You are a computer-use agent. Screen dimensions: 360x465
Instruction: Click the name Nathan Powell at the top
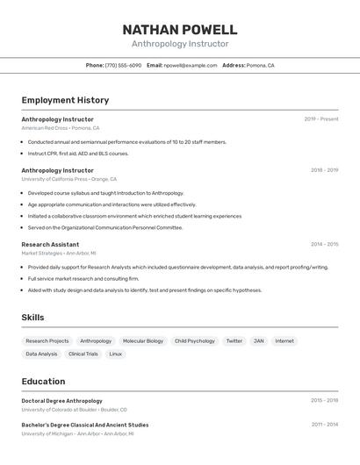(180, 30)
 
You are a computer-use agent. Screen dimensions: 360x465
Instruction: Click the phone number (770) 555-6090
(123, 66)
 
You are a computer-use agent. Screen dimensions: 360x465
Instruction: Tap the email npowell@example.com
(191, 66)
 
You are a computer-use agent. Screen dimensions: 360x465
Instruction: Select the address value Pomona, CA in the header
(260, 66)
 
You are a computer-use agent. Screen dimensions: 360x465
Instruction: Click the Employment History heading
(65, 101)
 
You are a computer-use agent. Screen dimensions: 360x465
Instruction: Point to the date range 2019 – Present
(320, 119)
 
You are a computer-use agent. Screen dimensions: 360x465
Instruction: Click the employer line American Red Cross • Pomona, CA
(61, 128)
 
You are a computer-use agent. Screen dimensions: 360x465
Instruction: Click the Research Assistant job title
(50, 245)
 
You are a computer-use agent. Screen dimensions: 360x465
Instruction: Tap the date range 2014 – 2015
(324, 245)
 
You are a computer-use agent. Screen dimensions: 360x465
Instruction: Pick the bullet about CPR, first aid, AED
(77, 154)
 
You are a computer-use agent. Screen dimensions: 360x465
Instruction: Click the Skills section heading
(32, 318)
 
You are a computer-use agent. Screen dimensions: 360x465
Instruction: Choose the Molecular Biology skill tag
(142, 341)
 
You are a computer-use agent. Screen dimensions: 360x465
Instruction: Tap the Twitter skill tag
(234, 341)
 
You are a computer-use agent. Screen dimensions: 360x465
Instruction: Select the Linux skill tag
(115, 354)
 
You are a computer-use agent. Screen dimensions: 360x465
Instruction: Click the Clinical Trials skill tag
(83, 354)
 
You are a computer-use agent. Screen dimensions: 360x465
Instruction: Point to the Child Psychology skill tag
(194, 341)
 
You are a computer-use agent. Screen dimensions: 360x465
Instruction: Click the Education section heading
(43, 382)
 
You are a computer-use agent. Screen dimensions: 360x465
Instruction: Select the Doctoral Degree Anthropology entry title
(61, 401)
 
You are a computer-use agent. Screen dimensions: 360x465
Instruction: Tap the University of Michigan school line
(78, 433)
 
